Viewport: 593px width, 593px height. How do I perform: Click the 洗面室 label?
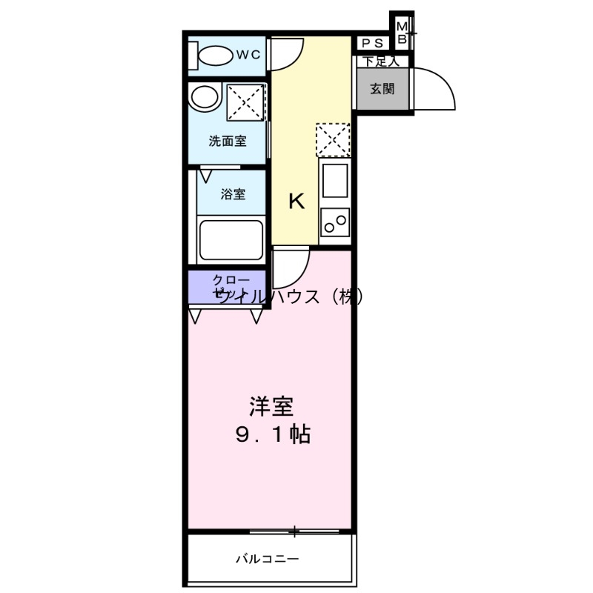(x=227, y=141)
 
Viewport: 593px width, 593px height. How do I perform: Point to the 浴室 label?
(x=233, y=194)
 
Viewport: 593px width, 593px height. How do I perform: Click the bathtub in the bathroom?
(x=231, y=239)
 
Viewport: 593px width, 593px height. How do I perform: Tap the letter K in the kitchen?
(x=296, y=201)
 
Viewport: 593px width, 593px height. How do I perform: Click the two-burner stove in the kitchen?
(x=335, y=221)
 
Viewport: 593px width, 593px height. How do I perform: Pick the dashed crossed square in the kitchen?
(x=333, y=139)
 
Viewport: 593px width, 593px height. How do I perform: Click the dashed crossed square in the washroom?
(x=245, y=101)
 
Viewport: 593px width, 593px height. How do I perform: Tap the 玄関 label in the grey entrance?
(x=382, y=89)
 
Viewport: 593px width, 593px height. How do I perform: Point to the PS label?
(x=373, y=44)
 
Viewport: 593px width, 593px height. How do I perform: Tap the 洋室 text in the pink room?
(x=271, y=407)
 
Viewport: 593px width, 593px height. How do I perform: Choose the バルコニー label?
(x=268, y=558)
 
